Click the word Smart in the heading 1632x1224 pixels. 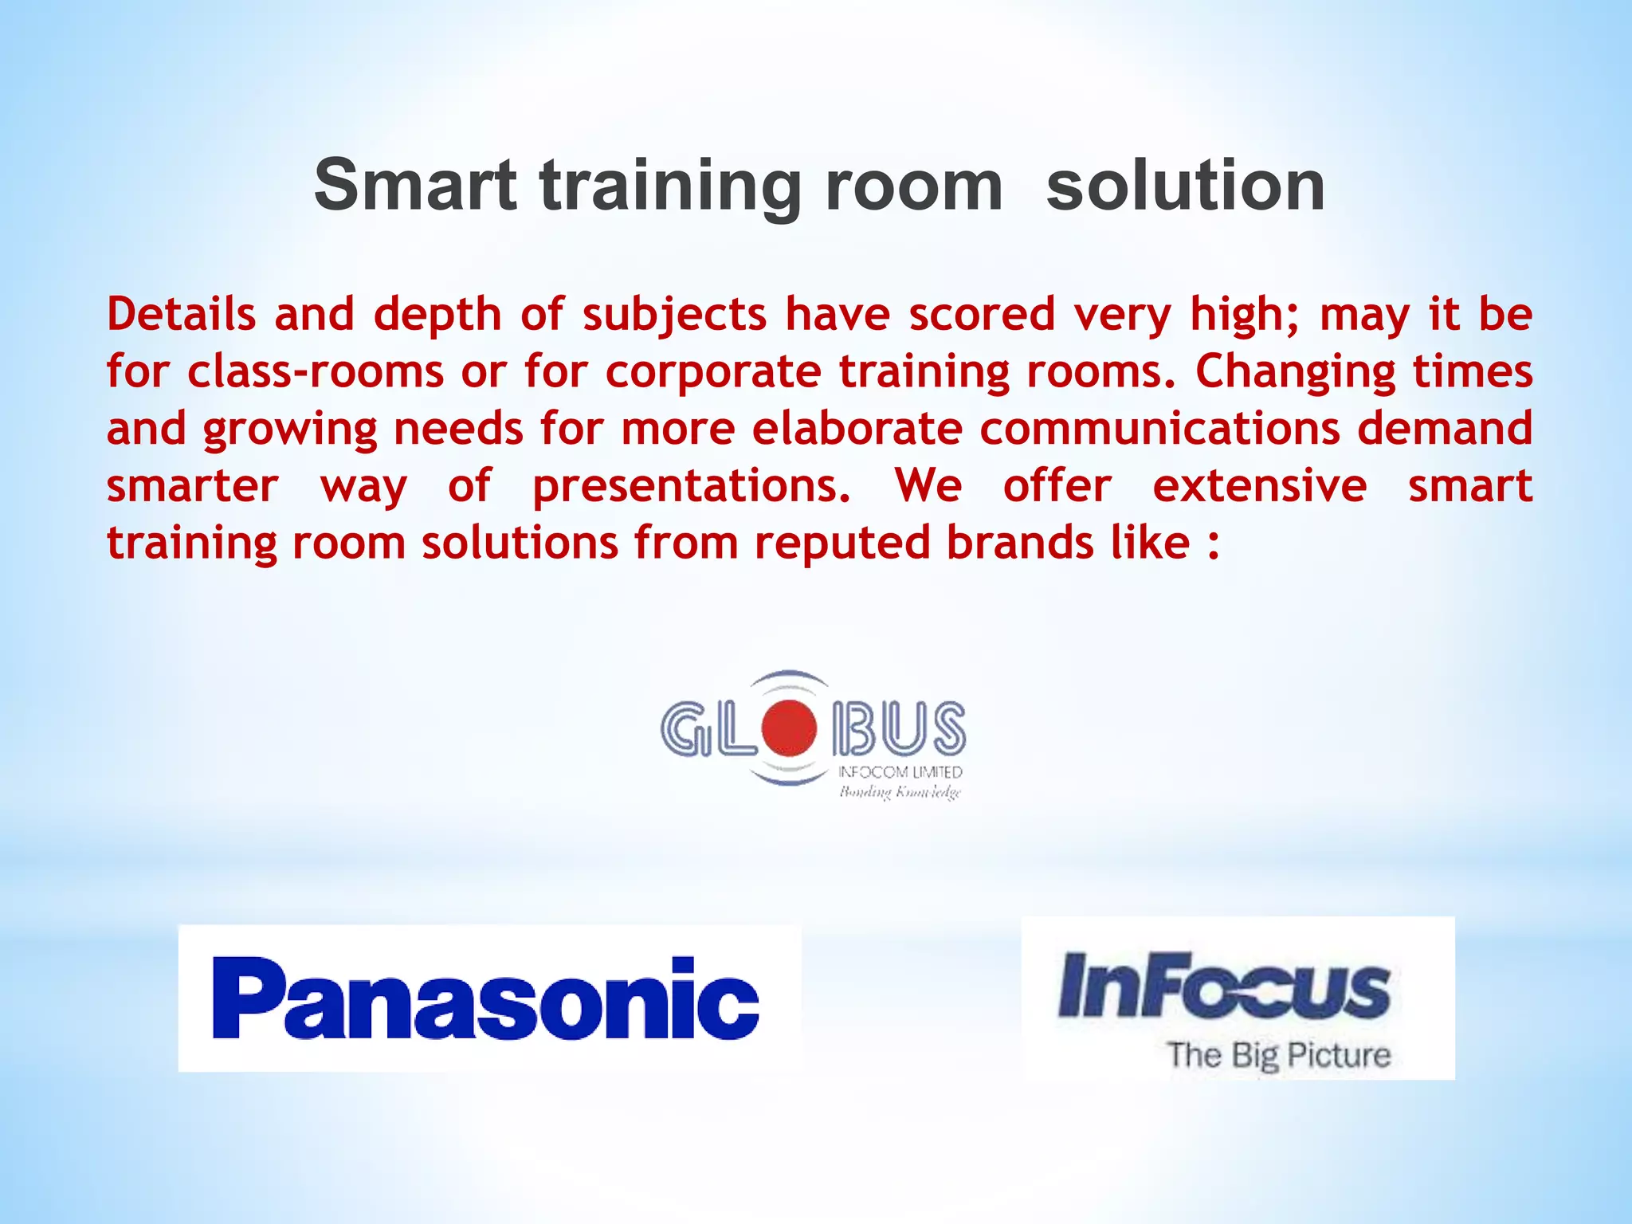[414, 185]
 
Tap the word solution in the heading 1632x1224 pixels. [1185, 185]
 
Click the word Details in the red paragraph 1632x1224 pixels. [182, 313]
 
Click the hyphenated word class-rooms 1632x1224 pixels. [316, 371]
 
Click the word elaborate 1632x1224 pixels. [857, 429]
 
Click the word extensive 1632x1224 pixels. [1260, 486]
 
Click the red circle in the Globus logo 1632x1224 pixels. [789, 727]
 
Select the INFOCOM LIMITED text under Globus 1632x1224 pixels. [900, 772]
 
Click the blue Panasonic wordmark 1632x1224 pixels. [486, 998]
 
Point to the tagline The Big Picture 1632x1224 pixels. [1279, 1055]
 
